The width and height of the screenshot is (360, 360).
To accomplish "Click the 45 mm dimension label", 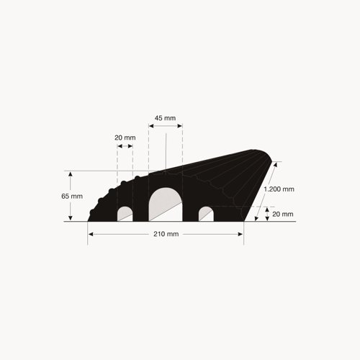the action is point(165,118).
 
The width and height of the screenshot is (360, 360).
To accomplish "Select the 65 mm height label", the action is point(72,197).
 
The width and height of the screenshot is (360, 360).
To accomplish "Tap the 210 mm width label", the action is point(166,234).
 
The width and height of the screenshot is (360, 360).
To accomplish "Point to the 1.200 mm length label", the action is point(279,189).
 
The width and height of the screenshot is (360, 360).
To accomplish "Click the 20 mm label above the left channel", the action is point(125,138).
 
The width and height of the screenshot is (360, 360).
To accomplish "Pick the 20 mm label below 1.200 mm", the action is point(283,214).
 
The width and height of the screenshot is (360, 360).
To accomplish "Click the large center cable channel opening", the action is point(166,204).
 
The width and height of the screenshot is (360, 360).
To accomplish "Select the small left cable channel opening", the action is point(125,214).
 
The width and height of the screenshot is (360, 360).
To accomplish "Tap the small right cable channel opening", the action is point(206,214).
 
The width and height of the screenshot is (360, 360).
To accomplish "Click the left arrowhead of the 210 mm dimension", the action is point(91,234).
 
